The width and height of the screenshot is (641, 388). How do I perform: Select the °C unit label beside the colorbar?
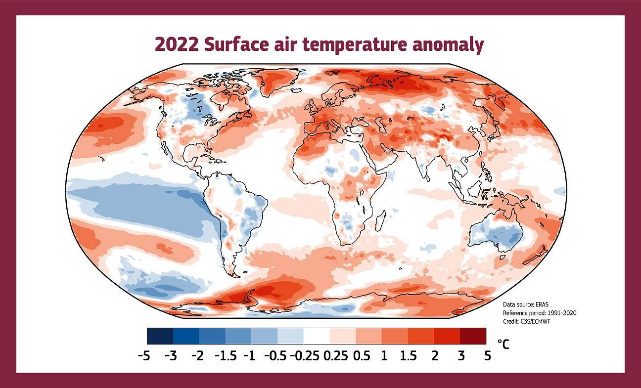pos(504,344)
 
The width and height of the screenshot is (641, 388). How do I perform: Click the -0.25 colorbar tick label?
pos(304,356)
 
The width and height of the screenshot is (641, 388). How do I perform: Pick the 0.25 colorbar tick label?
pos(336,356)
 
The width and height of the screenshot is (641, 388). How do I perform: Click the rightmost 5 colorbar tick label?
pos(488,356)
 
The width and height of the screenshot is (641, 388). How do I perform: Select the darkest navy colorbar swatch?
pos(160,336)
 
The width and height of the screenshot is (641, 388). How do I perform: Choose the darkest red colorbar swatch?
pos(473,336)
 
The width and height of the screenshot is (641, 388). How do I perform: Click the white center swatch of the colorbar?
pos(317,336)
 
